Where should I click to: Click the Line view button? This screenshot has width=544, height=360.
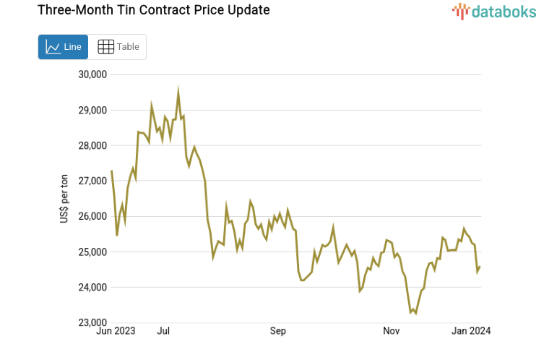click(63, 47)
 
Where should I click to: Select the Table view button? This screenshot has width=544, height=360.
click(118, 47)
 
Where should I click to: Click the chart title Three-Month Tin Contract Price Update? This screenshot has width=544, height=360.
click(143, 10)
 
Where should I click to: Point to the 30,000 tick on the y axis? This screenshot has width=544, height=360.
click(92, 74)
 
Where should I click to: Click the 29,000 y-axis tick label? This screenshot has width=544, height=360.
click(92, 110)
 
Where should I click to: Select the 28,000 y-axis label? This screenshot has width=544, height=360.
click(92, 145)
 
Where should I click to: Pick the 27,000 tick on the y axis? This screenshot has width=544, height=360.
click(92, 181)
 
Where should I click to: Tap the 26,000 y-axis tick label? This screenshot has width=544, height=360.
click(92, 216)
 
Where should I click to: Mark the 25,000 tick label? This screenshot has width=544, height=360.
click(92, 252)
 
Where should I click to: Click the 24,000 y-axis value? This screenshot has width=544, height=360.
click(92, 287)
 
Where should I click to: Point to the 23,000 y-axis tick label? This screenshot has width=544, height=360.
click(92, 322)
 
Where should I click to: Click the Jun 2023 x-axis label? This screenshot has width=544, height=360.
click(116, 331)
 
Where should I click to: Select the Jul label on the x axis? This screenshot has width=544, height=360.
click(163, 331)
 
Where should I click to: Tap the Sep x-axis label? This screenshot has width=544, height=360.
click(278, 331)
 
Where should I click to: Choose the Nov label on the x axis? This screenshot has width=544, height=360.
click(391, 331)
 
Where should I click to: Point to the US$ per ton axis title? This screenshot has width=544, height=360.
click(64, 199)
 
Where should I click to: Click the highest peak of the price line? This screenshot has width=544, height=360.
click(178, 90)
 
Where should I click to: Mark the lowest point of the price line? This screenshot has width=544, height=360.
click(415, 313)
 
